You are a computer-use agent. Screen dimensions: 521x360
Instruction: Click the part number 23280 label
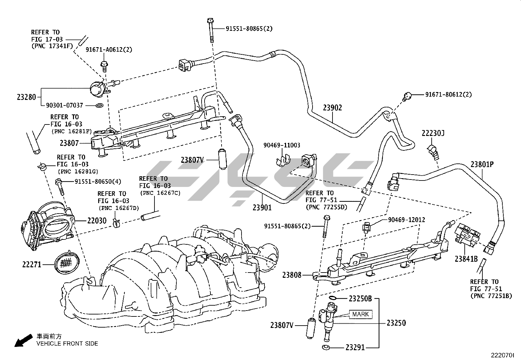[26, 97]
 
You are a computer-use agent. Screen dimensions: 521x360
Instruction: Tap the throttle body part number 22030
[97, 220]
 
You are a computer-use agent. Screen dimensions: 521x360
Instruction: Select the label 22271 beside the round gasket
[32, 265]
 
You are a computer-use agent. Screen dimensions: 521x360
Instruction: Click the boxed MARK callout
[361, 314]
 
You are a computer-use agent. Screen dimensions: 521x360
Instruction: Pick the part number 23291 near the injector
[355, 348]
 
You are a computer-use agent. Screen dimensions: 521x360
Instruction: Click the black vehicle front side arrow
[23, 340]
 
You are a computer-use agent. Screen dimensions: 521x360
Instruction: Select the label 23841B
[466, 259]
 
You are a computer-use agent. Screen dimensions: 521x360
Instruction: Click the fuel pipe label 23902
[332, 107]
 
